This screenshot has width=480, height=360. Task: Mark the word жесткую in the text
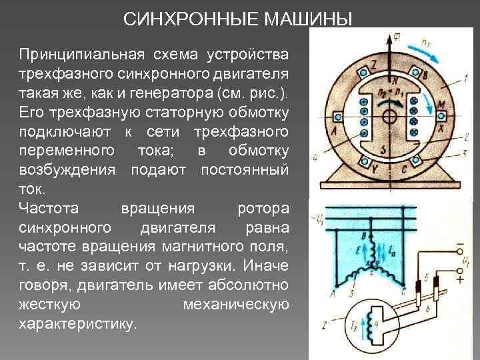coord(50,305)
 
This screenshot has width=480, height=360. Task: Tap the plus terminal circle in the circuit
coord(459,272)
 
